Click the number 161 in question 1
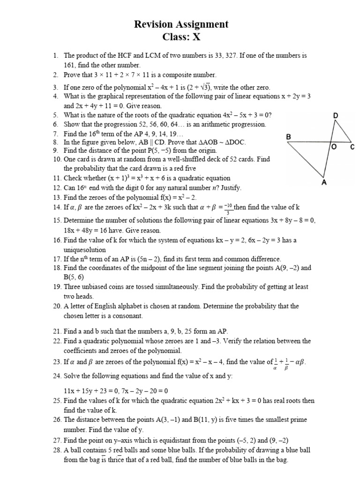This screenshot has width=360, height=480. [70, 65]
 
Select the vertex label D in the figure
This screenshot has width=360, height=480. [335, 115]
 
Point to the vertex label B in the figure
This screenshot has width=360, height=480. [289, 137]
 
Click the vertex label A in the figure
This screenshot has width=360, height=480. [323, 183]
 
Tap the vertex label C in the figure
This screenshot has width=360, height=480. [352, 147]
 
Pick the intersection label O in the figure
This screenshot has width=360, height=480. [334, 147]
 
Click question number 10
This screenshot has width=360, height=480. [57, 159]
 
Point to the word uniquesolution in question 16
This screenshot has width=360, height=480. [85, 250]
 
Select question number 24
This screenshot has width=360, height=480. [57, 376]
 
